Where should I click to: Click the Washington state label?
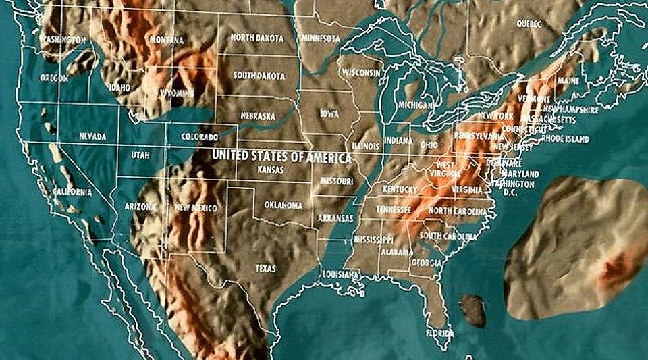63,40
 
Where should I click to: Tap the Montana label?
167,41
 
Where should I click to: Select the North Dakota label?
257,38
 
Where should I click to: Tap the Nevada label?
92,136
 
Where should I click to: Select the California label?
72,192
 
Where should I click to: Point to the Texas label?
265,268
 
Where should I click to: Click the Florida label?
439,333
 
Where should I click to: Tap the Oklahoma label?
283,205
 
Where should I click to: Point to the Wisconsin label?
362,72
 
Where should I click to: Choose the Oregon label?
54,78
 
